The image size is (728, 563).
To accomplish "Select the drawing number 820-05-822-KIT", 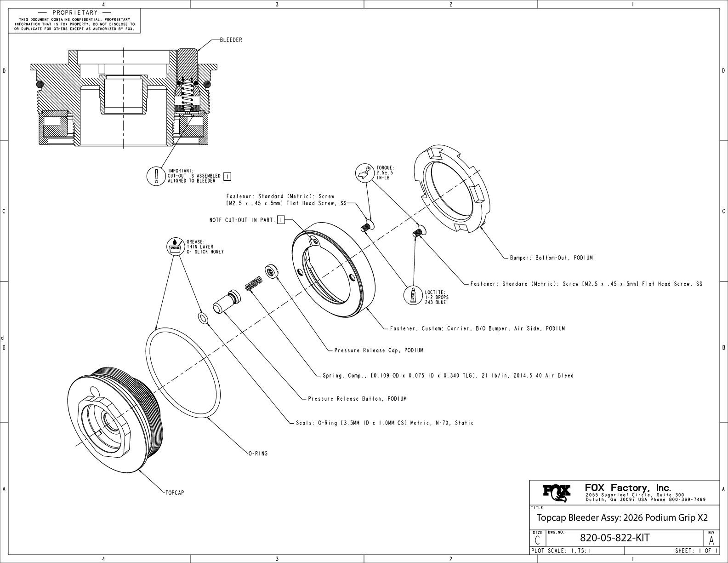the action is tap(615, 538).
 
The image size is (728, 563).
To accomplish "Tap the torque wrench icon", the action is tap(364, 172).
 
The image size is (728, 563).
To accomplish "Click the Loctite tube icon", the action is tap(413, 296).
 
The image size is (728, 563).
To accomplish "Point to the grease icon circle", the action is tap(176, 247).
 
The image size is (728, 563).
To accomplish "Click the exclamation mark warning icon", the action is tap(156, 176).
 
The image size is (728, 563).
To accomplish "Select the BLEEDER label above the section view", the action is tap(231, 40).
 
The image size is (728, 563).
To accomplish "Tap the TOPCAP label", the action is tap(175, 493).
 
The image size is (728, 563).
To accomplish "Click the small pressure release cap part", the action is tap(272, 271).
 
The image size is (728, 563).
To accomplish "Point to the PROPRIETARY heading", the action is tap(75, 12).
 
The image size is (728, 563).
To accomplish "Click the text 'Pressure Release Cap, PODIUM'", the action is tap(379, 350).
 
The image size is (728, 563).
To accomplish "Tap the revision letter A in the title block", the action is tap(711, 540).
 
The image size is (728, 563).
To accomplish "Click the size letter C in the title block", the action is tap(537, 540).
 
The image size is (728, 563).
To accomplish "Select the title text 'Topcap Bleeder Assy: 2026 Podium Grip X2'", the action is tap(622, 518).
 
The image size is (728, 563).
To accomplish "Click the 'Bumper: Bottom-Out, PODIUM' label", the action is tap(552, 258).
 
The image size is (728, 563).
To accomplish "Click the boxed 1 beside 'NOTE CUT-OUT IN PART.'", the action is tap(281, 220).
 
